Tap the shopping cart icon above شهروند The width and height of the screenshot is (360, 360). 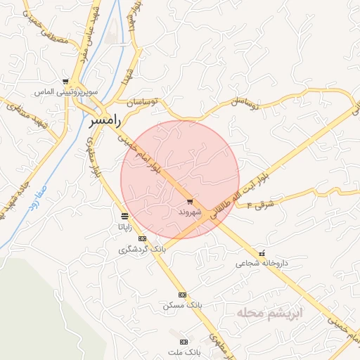click(190, 202)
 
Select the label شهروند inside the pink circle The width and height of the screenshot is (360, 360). click(190, 211)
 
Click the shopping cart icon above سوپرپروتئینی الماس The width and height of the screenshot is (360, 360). click(65, 82)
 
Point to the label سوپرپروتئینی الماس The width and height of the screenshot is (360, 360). click(64, 92)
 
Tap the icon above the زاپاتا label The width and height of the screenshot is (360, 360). click(124, 216)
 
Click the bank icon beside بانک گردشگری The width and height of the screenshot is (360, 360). click(143, 238)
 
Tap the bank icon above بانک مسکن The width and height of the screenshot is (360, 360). click(183, 295)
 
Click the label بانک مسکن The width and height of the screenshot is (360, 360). click(182, 305)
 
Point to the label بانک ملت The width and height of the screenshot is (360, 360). click(186, 349)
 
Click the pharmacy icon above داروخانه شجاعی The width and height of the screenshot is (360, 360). click(262, 253)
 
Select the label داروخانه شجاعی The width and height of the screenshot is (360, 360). click(261, 264)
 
